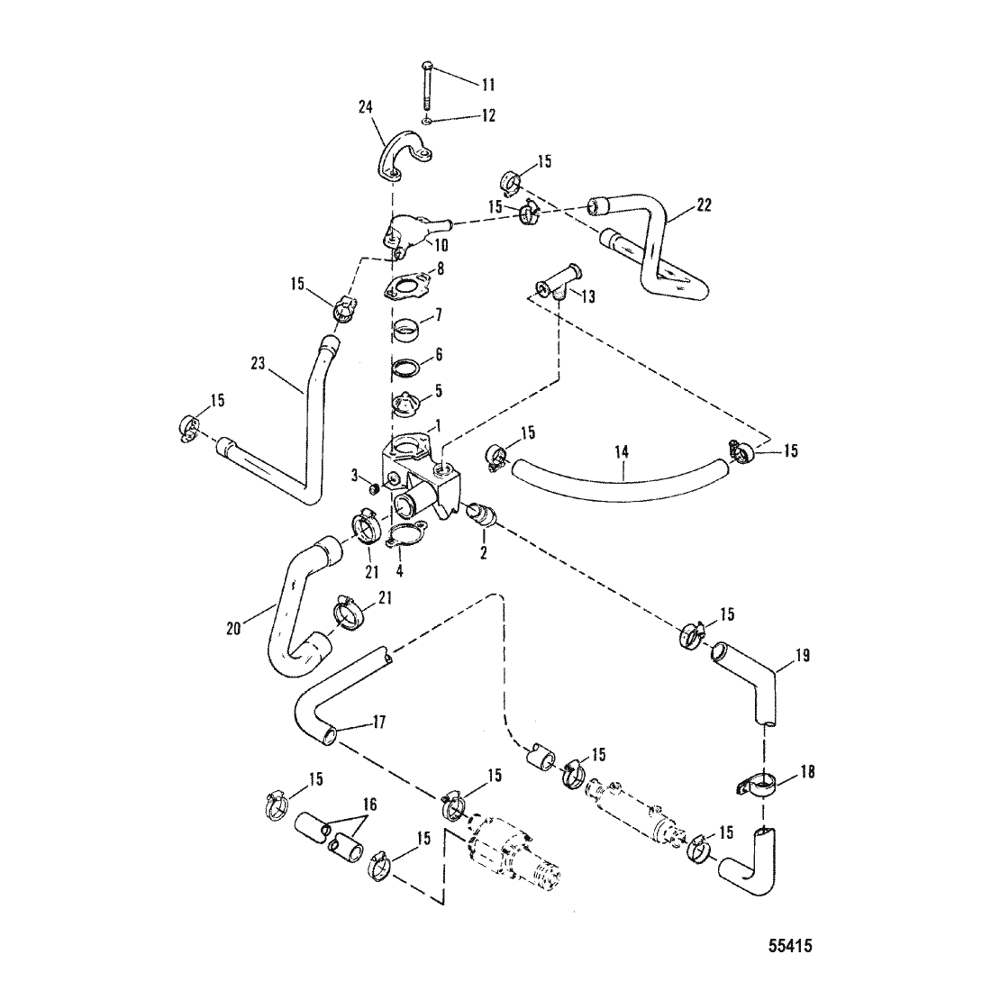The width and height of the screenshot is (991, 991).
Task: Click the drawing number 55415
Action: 791,945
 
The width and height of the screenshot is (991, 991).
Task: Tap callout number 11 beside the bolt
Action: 488,85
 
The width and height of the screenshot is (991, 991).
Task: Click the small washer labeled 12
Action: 428,120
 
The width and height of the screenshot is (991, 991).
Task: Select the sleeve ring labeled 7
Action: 407,332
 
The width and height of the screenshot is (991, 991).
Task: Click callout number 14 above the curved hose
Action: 622,452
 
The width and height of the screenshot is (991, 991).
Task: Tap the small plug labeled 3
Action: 374,488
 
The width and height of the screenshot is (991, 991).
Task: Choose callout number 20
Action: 233,630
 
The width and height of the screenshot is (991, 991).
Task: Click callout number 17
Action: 379,722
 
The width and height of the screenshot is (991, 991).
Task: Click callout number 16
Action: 370,805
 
